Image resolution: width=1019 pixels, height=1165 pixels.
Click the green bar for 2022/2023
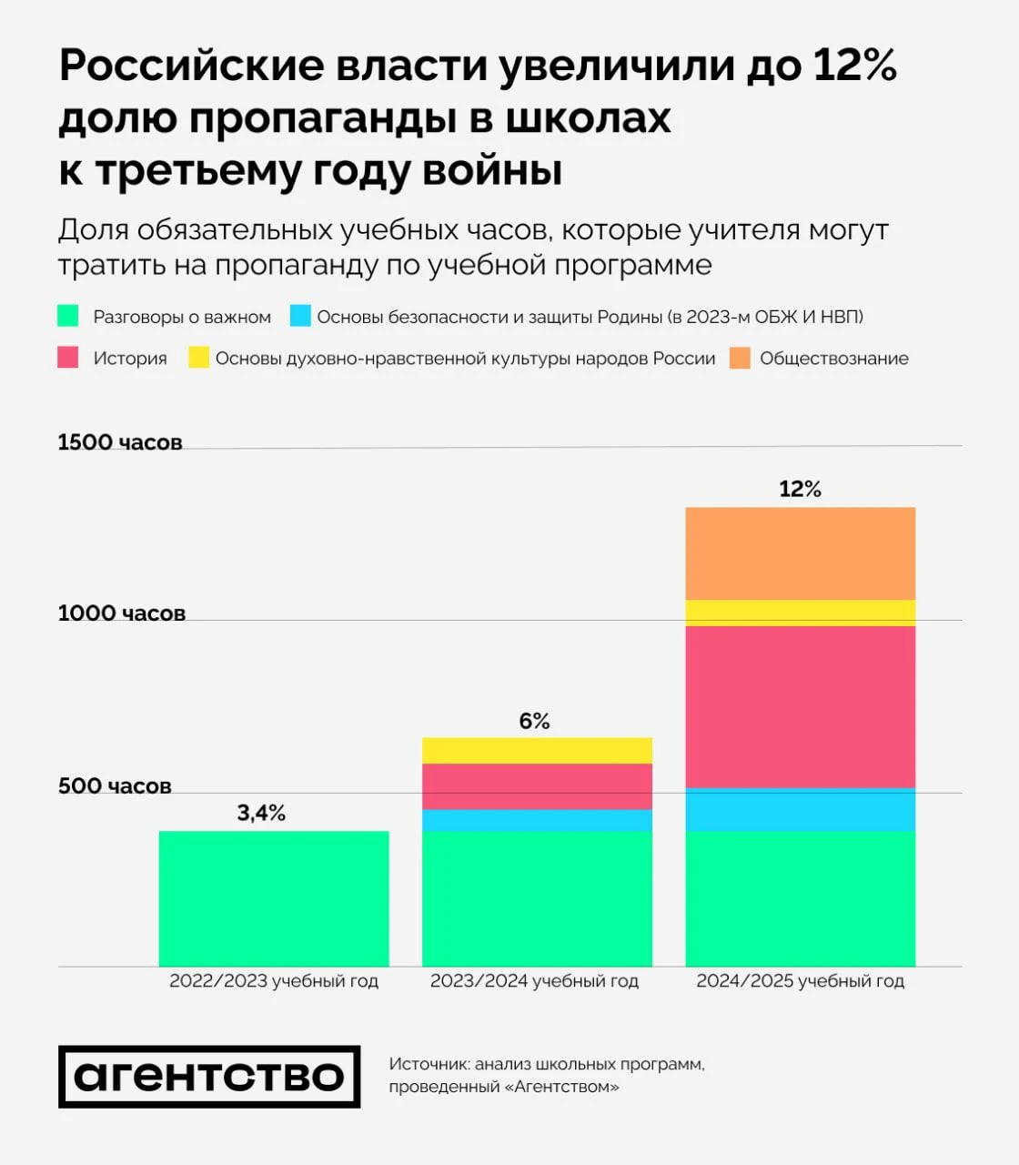coord(274,898)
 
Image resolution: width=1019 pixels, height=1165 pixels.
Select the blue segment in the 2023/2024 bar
coord(537,820)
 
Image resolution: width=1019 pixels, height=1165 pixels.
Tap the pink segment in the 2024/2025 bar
coord(800,706)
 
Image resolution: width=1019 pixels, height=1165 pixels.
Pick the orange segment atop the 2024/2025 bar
coord(800,553)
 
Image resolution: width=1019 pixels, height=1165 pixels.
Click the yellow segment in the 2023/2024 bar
coord(537,751)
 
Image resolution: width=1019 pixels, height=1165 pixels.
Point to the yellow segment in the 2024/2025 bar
coord(800,613)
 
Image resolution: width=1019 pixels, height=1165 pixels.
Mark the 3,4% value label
coord(261,813)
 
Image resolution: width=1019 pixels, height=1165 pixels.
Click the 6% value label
coord(535,721)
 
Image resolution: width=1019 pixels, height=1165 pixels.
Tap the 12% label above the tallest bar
coord(800,489)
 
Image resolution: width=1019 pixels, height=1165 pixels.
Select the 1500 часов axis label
coord(120,442)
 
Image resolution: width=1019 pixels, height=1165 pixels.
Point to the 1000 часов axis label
coord(122,613)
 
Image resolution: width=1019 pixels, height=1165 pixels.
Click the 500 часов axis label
coord(115,786)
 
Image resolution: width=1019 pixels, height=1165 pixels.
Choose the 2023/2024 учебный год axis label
coord(534,981)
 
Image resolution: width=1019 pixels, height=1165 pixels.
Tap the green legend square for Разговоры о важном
coord(68,316)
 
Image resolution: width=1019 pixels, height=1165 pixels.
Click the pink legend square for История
coord(68,358)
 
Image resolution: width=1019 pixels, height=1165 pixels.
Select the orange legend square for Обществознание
coord(741,358)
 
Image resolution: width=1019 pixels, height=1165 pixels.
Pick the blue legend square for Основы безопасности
coord(300,316)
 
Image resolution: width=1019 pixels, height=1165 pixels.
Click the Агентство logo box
coord(209,1077)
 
